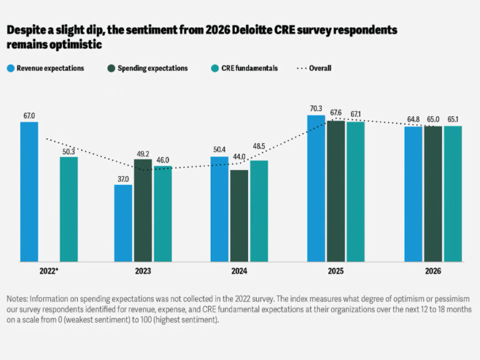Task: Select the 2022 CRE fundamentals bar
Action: click(x=69, y=209)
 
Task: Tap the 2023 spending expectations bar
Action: click(x=142, y=210)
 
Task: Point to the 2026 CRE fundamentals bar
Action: click(x=452, y=193)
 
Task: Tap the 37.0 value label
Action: click(x=123, y=179)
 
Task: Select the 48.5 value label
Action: click(x=259, y=154)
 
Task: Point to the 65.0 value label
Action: click(x=433, y=119)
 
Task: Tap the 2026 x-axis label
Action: click(x=432, y=271)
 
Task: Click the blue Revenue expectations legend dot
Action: click(x=11, y=68)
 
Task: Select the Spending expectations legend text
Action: click(x=152, y=68)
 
